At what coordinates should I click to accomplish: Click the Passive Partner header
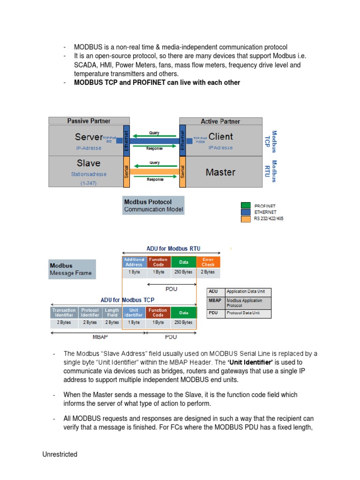[89, 121]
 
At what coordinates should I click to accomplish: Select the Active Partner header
[220, 121]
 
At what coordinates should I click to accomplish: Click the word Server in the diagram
[89, 137]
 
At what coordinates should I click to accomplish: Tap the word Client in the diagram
[221, 137]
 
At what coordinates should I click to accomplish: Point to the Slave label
[89, 163]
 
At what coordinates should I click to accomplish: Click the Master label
[220, 172]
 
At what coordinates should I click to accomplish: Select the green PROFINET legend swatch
[246, 205]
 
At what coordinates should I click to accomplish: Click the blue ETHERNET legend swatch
[246, 212]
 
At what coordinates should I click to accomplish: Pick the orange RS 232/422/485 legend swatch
[246, 218]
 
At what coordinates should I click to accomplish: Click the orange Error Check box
[208, 262]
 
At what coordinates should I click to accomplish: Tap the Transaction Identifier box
[64, 313]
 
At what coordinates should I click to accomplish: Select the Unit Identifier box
[134, 313]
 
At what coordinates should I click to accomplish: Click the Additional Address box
[134, 262]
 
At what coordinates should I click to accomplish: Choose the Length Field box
[112, 313]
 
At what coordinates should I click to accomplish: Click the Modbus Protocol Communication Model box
[153, 205]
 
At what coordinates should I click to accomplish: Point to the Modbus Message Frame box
[72, 269]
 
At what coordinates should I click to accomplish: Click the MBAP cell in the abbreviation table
[216, 302]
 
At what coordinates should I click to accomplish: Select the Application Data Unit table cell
[248, 292]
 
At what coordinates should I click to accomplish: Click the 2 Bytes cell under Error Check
[208, 272]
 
